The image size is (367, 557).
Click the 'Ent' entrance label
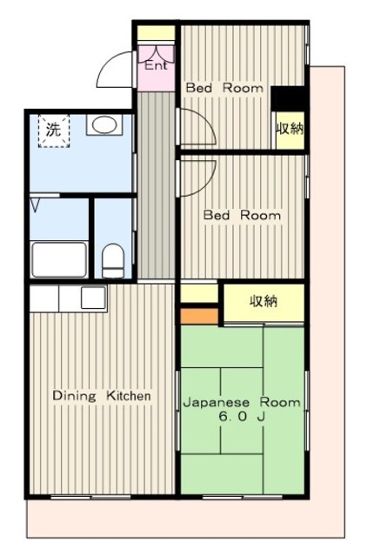click(x=157, y=65)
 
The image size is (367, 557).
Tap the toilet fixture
click(x=113, y=261)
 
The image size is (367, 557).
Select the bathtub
click(x=59, y=259)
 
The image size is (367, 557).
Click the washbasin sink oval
click(x=104, y=124)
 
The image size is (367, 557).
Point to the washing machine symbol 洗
click(x=54, y=131)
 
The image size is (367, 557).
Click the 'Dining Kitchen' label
click(x=102, y=396)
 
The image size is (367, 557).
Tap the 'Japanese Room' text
click(x=242, y=402)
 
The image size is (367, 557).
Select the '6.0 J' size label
click(x=242, y=416)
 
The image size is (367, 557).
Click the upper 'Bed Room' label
click(x=224, y=87)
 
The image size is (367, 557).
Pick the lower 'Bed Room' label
click(x=242, y=215)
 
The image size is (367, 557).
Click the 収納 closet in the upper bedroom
click(x=290, y=130)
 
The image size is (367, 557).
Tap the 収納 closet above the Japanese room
click(x=264, y=302)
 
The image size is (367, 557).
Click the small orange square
click(x=199, y=316)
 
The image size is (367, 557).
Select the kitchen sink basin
click(x=93, y=298)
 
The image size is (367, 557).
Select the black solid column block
click(x=288, y=98)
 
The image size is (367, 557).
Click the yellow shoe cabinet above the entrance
click(x=157, y=33)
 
